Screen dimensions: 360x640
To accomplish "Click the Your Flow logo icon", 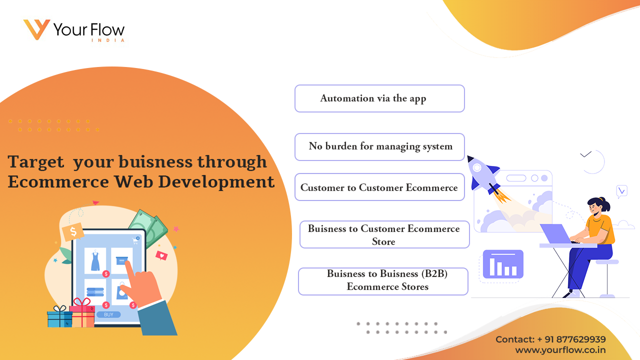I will coord(36,29).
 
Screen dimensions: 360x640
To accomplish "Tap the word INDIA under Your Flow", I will coord(108,40).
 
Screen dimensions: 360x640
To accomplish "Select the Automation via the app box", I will coord(379,98).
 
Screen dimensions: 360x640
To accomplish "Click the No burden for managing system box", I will coord(379,147).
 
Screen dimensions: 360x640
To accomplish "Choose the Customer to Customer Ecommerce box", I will coord(379,187).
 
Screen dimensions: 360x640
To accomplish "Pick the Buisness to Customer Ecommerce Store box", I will coord(384,234).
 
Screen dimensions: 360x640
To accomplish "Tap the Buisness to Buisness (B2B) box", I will coord(383,281).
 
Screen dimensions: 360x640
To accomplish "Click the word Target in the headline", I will coord(35,161).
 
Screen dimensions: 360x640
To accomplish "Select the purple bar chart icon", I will coord(503,264).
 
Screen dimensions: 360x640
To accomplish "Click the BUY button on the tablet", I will coord(108,314).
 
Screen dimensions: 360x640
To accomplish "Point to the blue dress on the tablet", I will coord(95,260).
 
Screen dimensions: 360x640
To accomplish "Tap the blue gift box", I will coord(59,316).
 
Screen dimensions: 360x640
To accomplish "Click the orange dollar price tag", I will coord(73,231).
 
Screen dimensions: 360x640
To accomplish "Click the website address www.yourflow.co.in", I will coord(560,350).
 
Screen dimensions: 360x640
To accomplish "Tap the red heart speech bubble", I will coord(161,255).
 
